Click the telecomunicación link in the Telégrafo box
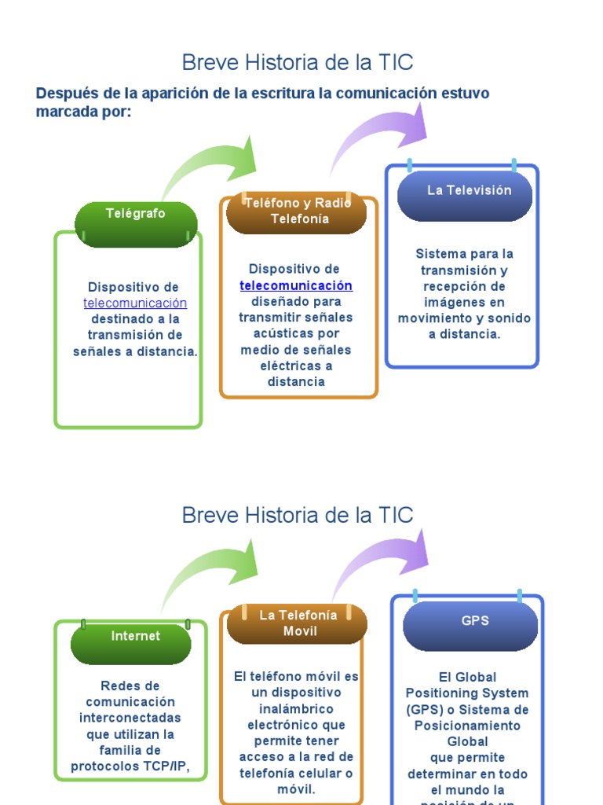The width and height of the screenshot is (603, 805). [x=135, y=303]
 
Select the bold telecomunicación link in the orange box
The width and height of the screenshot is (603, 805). [x=296, y=285]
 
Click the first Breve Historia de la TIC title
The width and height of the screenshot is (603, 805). [x=298, y=62]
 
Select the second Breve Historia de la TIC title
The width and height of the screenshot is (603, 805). [x=298, y=515]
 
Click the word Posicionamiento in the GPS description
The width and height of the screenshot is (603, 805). [x=467, y=726]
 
